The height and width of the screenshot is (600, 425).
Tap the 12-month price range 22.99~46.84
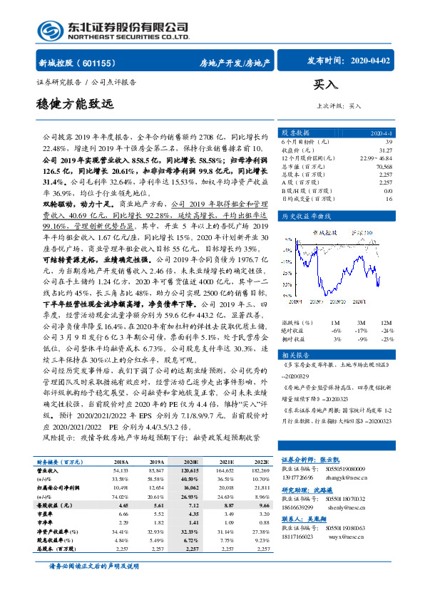pos(374,158)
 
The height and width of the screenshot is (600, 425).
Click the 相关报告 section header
pos(295,353)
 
